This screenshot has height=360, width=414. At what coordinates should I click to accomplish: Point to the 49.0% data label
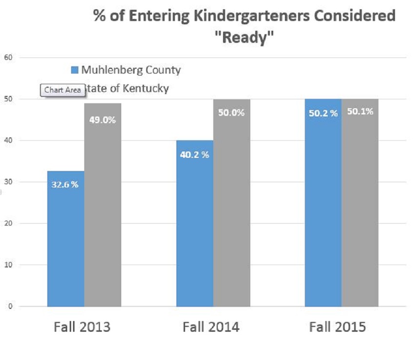[x=103, y=119]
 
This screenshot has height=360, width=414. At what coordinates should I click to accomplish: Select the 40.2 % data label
[x=195, y=155]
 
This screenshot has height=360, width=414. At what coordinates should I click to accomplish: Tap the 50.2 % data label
[x=323, y=113]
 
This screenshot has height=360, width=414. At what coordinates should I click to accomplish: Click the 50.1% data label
[x=360, y=112]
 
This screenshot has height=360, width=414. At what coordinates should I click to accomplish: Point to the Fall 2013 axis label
[x=82, y=327]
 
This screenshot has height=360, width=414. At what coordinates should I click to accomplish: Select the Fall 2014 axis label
[x=211, y=327]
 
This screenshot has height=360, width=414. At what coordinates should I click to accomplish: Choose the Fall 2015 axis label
[x=338, y=327]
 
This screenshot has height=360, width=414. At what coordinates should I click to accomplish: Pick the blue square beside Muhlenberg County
[x=75, y=70]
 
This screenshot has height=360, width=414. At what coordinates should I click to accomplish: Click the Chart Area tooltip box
[x=62, y=90]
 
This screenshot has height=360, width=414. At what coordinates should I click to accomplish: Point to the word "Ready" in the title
[x=245, y=38]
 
